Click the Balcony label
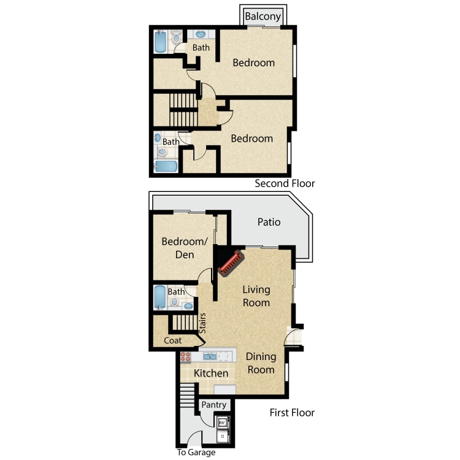[263, 17]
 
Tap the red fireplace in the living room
[231, 263]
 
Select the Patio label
[269, 222]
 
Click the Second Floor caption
[285, 183]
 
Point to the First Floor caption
[292, 413]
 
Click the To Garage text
[196, 452]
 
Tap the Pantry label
[214, 405]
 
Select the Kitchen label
[211, 373]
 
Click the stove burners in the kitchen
[185, 357]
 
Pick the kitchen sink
[210, 356]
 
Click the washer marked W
[223, 423]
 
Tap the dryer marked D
[223, 436]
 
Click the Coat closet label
[172, 340]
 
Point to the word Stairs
[202, 323]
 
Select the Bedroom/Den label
[185, 248]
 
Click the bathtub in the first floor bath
[160, 297]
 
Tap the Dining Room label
[261, 363]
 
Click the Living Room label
[256, 296]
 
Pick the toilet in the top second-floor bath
[176, 37]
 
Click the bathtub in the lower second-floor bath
[166, 166]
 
